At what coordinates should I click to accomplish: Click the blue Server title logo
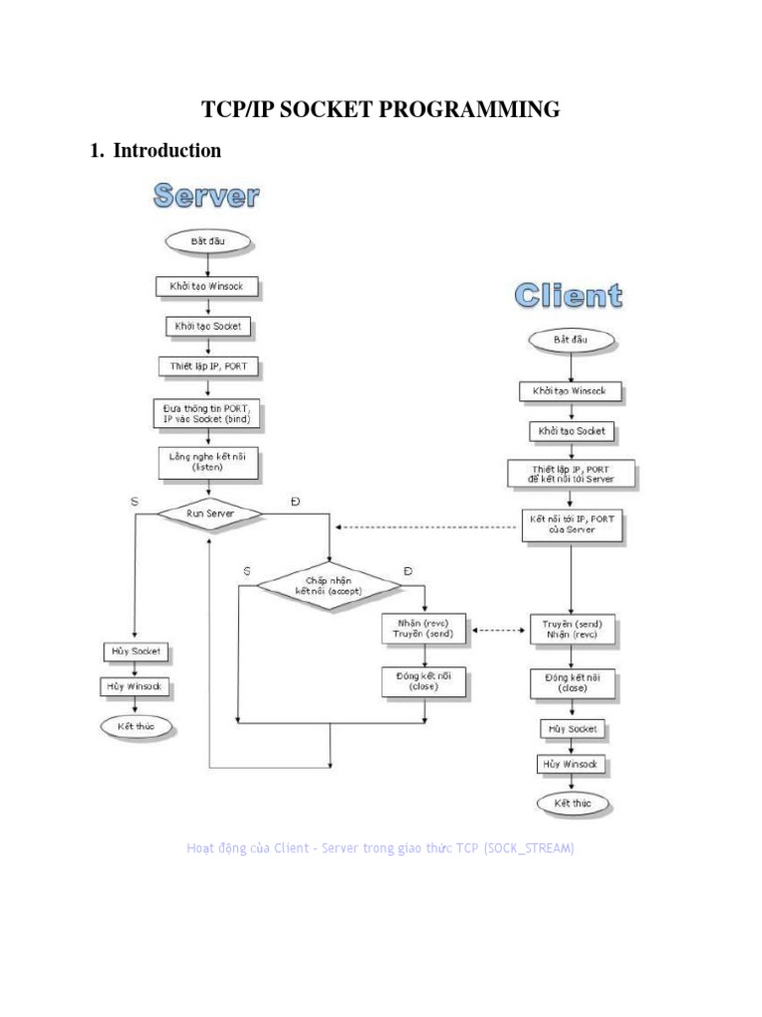[x=206, y=195]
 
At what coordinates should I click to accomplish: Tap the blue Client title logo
[x=569, y=295]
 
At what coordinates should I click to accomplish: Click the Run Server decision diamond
[x=207, y=512]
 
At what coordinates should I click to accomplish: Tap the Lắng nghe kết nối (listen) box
[x=207, y=461]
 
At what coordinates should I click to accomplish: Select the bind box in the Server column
[x=207, y=413]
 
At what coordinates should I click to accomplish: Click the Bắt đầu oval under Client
[x=570, y=341]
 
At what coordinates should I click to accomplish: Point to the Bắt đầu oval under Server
[x=207, y=240]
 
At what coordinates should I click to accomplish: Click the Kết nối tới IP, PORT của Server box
[x=571, y=525]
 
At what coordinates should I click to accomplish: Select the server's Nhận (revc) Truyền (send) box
[x=424, y=629]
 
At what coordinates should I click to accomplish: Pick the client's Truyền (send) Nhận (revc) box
[x=571, y=629]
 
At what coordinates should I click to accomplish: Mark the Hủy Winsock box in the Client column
[x=571, y=764]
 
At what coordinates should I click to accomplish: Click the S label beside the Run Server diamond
[x=134, y=503]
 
